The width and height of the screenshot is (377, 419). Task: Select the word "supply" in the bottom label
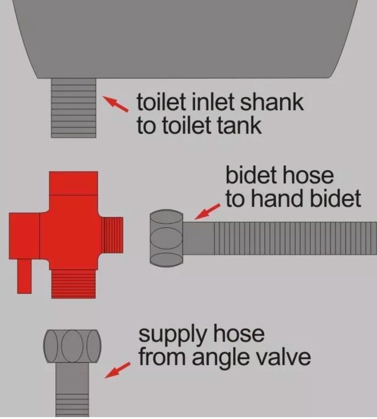click(x=169, y=335)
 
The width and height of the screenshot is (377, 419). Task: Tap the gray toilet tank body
click(x=186, y=37)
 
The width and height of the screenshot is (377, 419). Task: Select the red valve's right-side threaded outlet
click(x=113, y=234)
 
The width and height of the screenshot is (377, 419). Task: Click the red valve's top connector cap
click(x=73, y=183)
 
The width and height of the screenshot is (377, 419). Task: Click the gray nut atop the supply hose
click(x=72, y=346)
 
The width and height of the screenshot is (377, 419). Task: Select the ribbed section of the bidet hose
click(x=294, y=238)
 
